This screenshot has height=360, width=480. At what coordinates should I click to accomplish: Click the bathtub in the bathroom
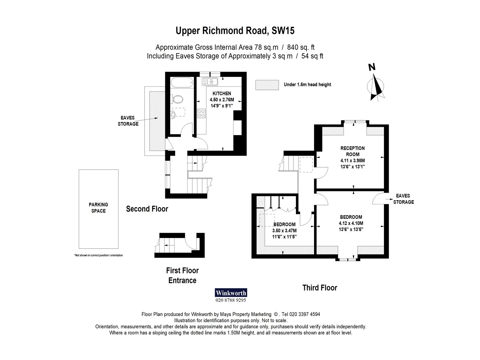[x=182, y=83]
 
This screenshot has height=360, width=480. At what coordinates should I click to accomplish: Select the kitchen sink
[x=210, y=82]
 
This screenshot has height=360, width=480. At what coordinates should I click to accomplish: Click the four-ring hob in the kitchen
[x=201, y=113]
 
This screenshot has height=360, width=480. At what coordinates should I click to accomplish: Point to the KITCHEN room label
[x=222, y=94]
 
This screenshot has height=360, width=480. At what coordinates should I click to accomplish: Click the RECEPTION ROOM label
[x=352, y=151]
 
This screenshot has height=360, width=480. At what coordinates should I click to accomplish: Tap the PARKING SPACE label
[x=98, y=208]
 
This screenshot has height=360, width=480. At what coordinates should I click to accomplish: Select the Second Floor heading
[x=147, y=209]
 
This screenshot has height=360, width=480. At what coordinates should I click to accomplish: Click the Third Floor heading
[x=320, y=288]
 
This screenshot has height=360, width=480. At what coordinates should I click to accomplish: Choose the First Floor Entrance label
[x=182, y=275]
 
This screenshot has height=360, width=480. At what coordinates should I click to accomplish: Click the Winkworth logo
[x=231, y=293]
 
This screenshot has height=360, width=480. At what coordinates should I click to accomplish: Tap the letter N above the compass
[x=372, y=67]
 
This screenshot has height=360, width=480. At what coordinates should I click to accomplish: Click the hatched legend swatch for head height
[x=267, y=85]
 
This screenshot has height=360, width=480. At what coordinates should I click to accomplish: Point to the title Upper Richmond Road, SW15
[x=235, y=31]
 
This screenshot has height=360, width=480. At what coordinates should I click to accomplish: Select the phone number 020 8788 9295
[x=231, y=300]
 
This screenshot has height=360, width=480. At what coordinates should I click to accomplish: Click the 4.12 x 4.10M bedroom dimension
[x=351, y=224]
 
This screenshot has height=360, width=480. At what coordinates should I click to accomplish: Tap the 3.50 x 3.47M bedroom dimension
[x=284, y=231]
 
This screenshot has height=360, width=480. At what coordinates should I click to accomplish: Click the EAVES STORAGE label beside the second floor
[x=128, y=121]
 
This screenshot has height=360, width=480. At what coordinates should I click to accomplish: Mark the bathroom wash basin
[x=173, y=115]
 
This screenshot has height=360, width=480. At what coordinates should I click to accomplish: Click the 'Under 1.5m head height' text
[x=307, y=85]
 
